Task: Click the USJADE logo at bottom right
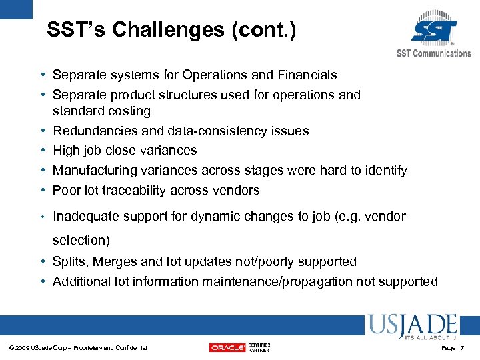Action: [411, 325]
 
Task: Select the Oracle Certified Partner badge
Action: [239, 347]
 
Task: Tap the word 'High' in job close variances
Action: [67, 151]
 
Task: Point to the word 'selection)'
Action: [81, 240]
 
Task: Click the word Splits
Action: [69, 262]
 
